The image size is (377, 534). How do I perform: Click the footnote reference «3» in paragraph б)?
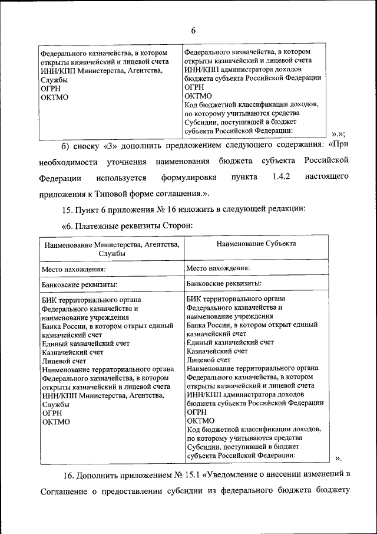pos(112,144)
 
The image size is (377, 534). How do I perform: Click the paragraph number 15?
pos(67,209)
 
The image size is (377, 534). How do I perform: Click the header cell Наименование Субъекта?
pos(256,243)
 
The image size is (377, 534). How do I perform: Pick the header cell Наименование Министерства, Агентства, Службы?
pos(111,248)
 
